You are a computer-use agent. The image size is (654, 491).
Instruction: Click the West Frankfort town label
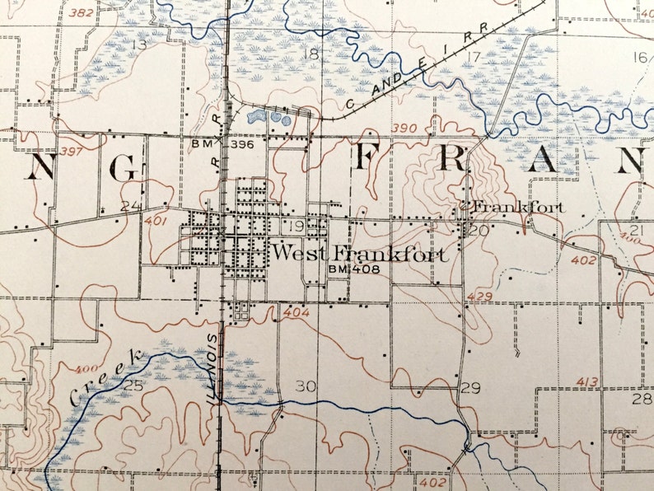(361, 253)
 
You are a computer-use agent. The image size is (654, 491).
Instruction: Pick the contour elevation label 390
(405, 129)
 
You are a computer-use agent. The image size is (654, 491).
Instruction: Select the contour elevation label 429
(479, 296)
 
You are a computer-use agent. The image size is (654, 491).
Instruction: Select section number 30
(305, 386)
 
